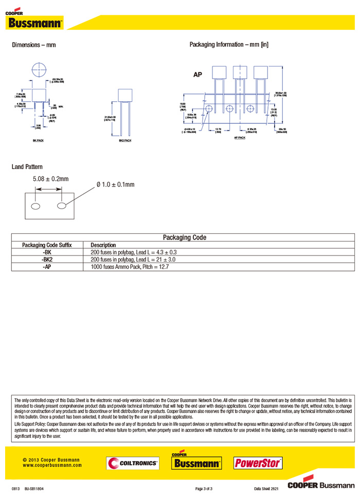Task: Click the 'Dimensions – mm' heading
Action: [x=34, y=45]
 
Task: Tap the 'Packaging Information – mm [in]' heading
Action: [x=229, y=45]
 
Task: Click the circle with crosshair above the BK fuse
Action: [x=40, y=70]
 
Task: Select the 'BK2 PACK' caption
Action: [x=125, y=140]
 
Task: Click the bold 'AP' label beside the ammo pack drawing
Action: [x=197, y=75]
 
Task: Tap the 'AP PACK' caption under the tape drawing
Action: [x=240, y=138]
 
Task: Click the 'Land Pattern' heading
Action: [x=27, y=167]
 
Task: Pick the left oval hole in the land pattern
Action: [x=36, y=206]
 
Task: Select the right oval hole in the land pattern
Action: [x=62, y=206]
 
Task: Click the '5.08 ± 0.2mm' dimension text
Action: [x=50, y=179]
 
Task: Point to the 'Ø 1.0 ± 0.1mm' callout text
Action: [x=115, y=184]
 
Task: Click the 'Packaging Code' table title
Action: [x=185, y=237]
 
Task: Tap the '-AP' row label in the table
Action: [x=47, y=267]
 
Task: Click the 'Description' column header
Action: [x=103, y=245]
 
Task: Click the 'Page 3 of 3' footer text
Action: [x=204, y=488]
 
